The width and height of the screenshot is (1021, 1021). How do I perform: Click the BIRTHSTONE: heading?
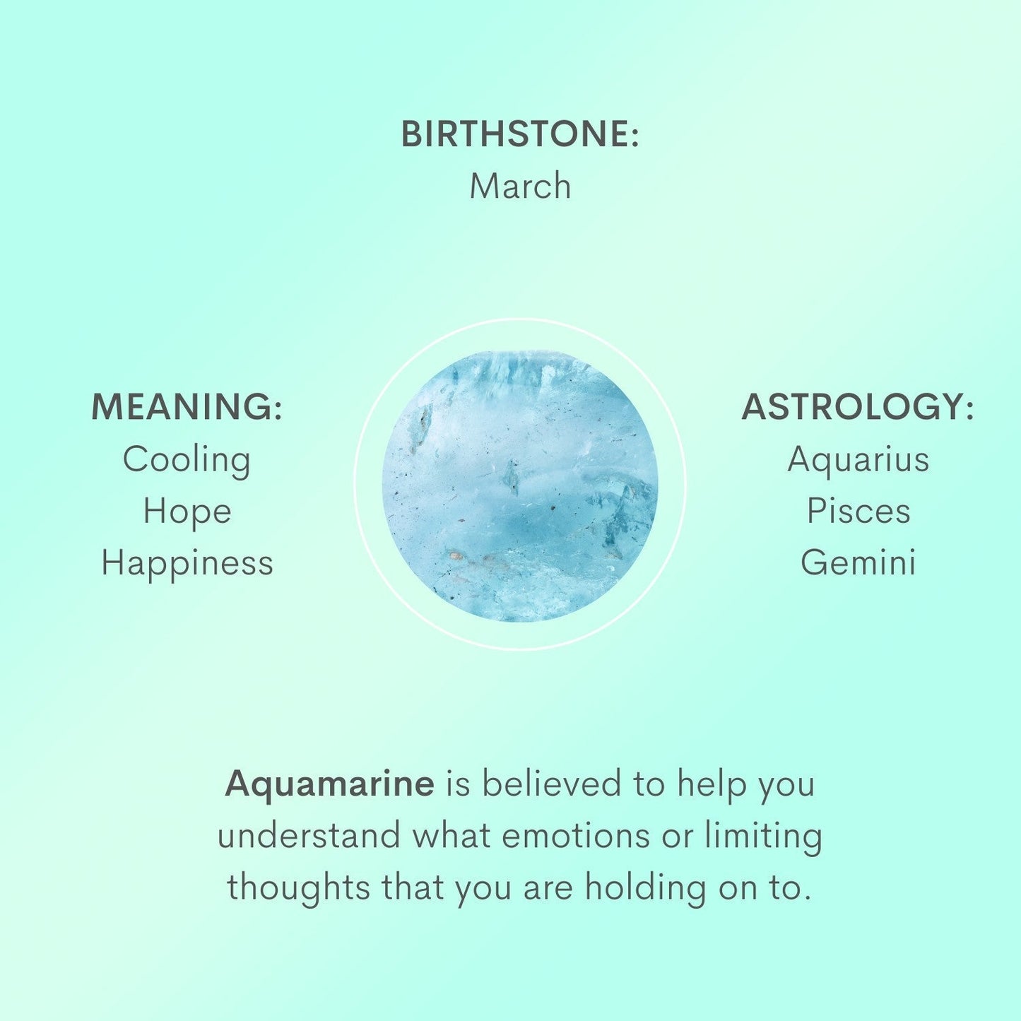coord(519,134)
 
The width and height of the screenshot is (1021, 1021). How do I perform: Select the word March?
coord(520,187)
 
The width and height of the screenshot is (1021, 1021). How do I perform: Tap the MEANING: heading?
coord(187,407)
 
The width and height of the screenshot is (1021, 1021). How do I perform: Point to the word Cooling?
coord(187,460)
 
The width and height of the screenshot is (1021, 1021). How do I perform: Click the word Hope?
coord(187,512)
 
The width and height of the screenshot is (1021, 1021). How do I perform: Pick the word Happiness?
coord(187,564)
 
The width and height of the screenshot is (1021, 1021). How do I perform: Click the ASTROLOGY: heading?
coord(858,407)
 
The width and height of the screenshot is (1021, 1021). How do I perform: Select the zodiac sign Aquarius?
coord(858,460)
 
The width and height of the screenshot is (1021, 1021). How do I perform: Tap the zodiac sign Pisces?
coord(858,512)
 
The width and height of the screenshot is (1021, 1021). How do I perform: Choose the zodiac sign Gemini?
coord(858,563)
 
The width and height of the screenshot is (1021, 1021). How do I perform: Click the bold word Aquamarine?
coord(329,784)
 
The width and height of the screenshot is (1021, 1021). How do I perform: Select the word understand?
coord(309,836)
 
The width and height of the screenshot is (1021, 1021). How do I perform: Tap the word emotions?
coord(577,836)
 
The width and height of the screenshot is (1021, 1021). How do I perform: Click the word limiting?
coord(764,837)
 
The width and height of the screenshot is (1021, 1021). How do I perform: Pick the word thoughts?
coord(298,888)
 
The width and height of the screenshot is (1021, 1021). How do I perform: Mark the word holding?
coord(645,888)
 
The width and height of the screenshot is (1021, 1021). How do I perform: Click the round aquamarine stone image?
coord(520,485)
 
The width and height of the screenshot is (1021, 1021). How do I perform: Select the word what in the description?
coord(452,836)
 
